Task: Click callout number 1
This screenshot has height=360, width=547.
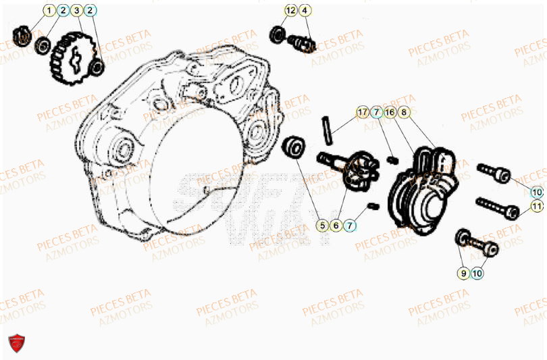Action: (x=48, y=10)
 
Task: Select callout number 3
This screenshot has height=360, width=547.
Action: (x=76, y=10)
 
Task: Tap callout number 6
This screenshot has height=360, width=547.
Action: (x=336, y=225)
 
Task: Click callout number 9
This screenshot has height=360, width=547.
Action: (x=463, y=274)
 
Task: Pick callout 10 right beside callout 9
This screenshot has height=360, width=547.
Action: (x=477, y=274)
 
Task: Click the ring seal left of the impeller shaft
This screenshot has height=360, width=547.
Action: (x=295, y=147)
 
